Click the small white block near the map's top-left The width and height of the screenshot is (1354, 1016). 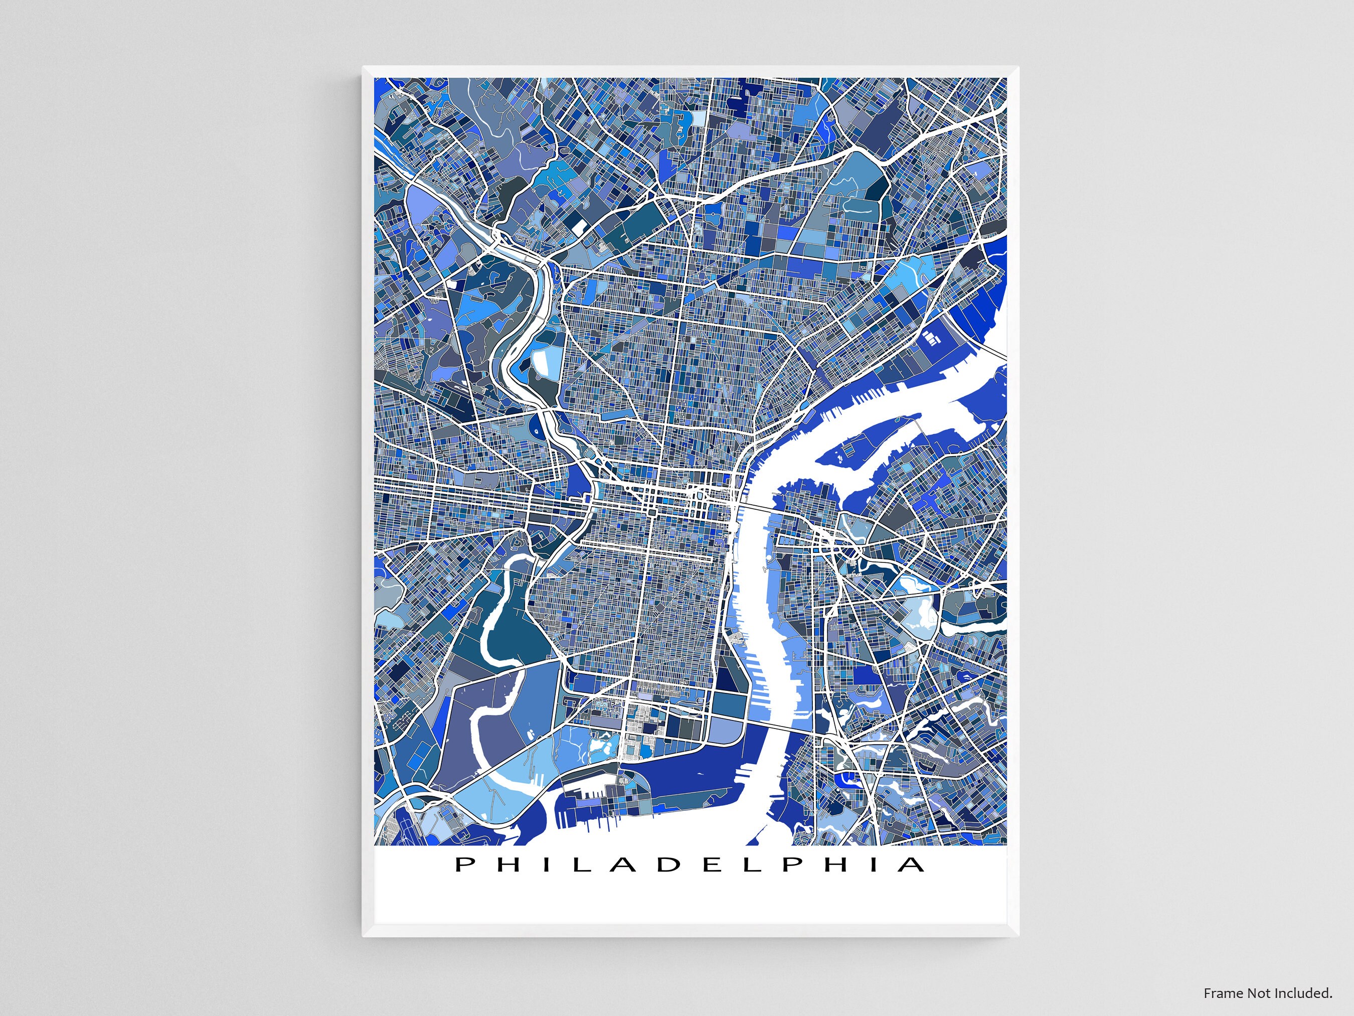coord(580,228)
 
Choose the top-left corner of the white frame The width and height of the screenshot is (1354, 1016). coord(364,67)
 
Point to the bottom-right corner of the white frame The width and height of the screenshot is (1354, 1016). coord(1018,935)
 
